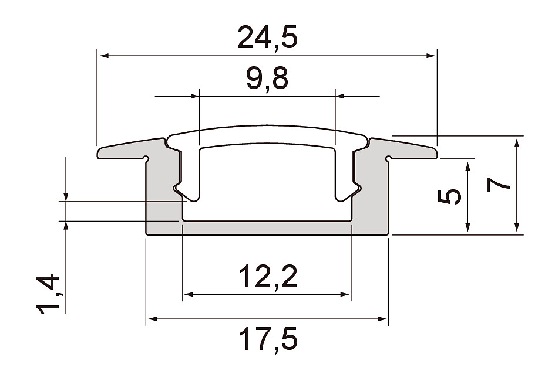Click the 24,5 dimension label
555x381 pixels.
coord(268,37)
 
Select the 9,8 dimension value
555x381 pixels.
coord(268,79)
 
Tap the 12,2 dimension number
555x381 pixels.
coord(268,276)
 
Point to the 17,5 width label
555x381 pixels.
coord(268,339)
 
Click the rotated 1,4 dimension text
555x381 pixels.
coord(48,294)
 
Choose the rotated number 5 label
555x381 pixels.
coord(449,197)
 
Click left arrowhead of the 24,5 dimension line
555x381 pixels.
coord(105,56)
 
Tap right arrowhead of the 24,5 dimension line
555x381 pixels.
coord(430,56)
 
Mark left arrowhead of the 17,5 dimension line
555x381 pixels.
coord(153,319)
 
